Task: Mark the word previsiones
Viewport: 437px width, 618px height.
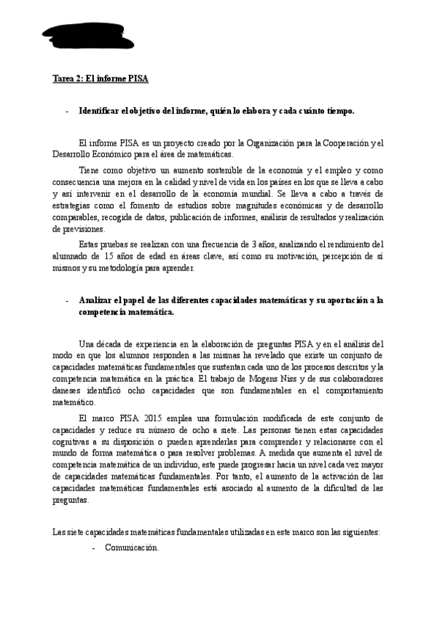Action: [77, 229]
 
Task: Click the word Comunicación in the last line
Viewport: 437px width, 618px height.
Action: [131, 547]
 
